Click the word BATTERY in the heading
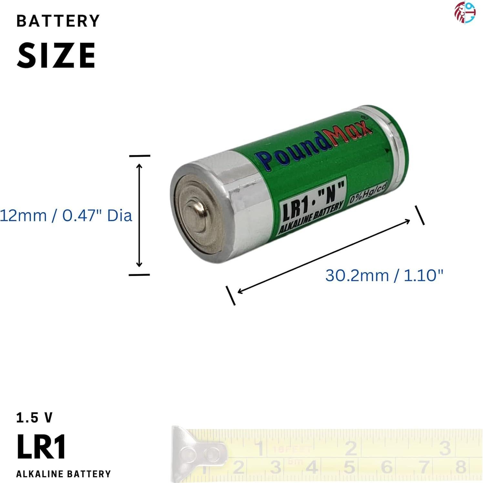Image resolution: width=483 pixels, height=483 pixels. (58, 21)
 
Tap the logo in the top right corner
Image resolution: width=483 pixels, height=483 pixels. (465, 13)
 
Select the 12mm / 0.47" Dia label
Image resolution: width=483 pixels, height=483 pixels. (66, 215)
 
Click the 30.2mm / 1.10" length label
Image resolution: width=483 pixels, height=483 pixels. (384, 275)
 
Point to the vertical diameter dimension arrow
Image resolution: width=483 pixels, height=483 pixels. (139, 215)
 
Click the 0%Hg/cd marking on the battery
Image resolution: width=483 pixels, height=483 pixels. (368, 195)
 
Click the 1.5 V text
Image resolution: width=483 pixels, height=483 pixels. (34, 418)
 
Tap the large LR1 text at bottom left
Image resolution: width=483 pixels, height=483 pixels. (41, 447)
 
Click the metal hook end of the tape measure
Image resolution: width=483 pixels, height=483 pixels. (194, 452)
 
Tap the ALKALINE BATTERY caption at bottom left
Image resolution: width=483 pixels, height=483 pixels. (64, 474)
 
